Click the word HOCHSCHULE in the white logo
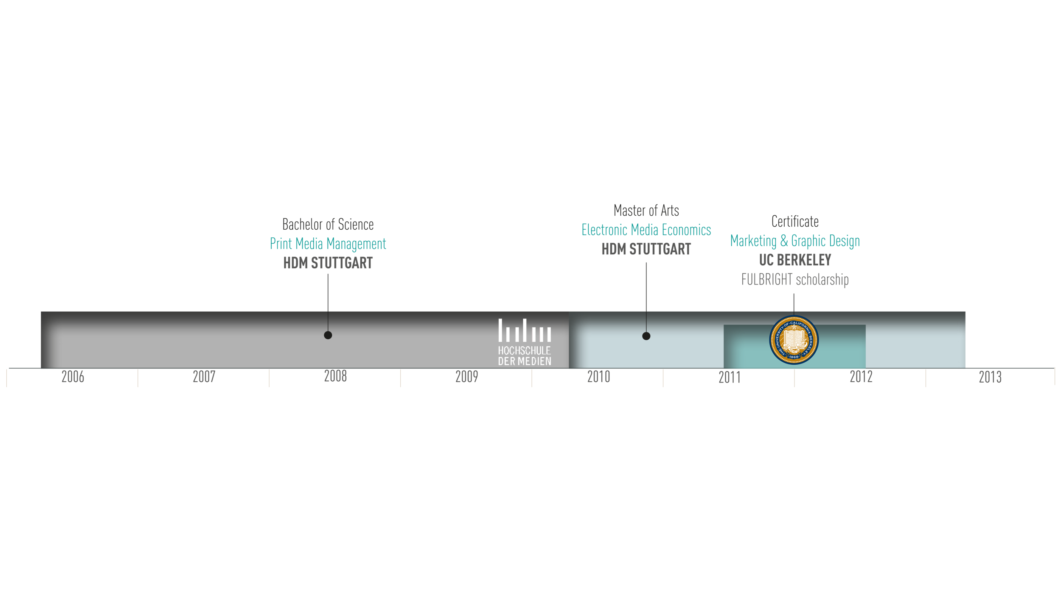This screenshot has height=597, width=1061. tap(524, 351)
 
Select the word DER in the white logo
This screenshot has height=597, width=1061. tap(506, 361)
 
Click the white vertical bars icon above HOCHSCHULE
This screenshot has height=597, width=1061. tap(525, 330)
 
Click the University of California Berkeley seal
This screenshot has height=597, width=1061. tap(794, 340)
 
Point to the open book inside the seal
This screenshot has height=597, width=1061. tap(794, 341)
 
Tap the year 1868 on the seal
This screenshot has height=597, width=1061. tap(794, 357)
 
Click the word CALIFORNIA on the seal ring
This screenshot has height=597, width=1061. tap(800, 324)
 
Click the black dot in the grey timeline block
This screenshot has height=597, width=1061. tap(328, 335)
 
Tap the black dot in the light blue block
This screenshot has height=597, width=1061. tap(646, 336)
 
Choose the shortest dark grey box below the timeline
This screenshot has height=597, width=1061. tap(230, 376)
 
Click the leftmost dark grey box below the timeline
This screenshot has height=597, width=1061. tap(99, 382)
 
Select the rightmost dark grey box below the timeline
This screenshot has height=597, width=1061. tap(1016, 382)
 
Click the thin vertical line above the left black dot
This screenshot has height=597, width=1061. tap(328, 321)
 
